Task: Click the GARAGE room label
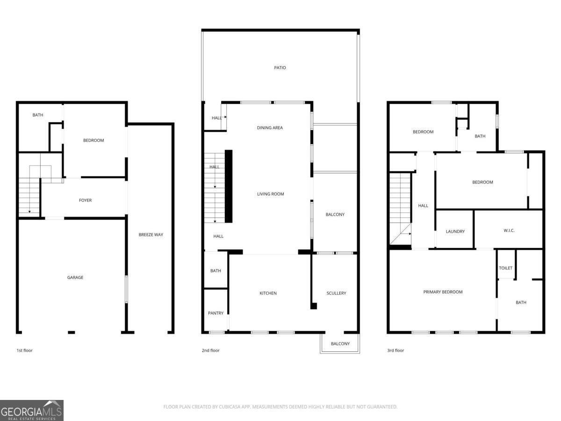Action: click(x=75, y=277)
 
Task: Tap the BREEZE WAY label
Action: click(x=151, y=234)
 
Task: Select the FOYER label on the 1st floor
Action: click(x=85, y=200)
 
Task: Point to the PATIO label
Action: click(x=280, y=68)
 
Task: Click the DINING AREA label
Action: click(x=270, y=128)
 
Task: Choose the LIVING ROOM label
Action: click(x=271, y=194)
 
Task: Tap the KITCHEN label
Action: click(x=268, y=293)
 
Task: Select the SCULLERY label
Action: click(x=336, y=293)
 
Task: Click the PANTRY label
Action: click(x=216, y=313)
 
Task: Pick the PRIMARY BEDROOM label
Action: click(x=443, y=292)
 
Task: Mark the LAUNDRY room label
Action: click(x=455, y=232)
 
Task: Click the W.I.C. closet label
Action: click(x=509, y=231)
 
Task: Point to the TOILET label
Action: click(x=506, y=268)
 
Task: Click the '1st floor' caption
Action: click(x=24, y=350)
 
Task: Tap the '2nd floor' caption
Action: click(x=211, y=350)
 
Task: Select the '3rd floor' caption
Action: click(x=396, y=350)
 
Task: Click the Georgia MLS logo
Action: click(x=32, y=410)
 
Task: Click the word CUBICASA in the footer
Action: click(x=229, y=407)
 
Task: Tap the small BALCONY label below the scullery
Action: click(x=340, y=344)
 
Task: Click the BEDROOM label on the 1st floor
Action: click(x=93, y=140)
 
